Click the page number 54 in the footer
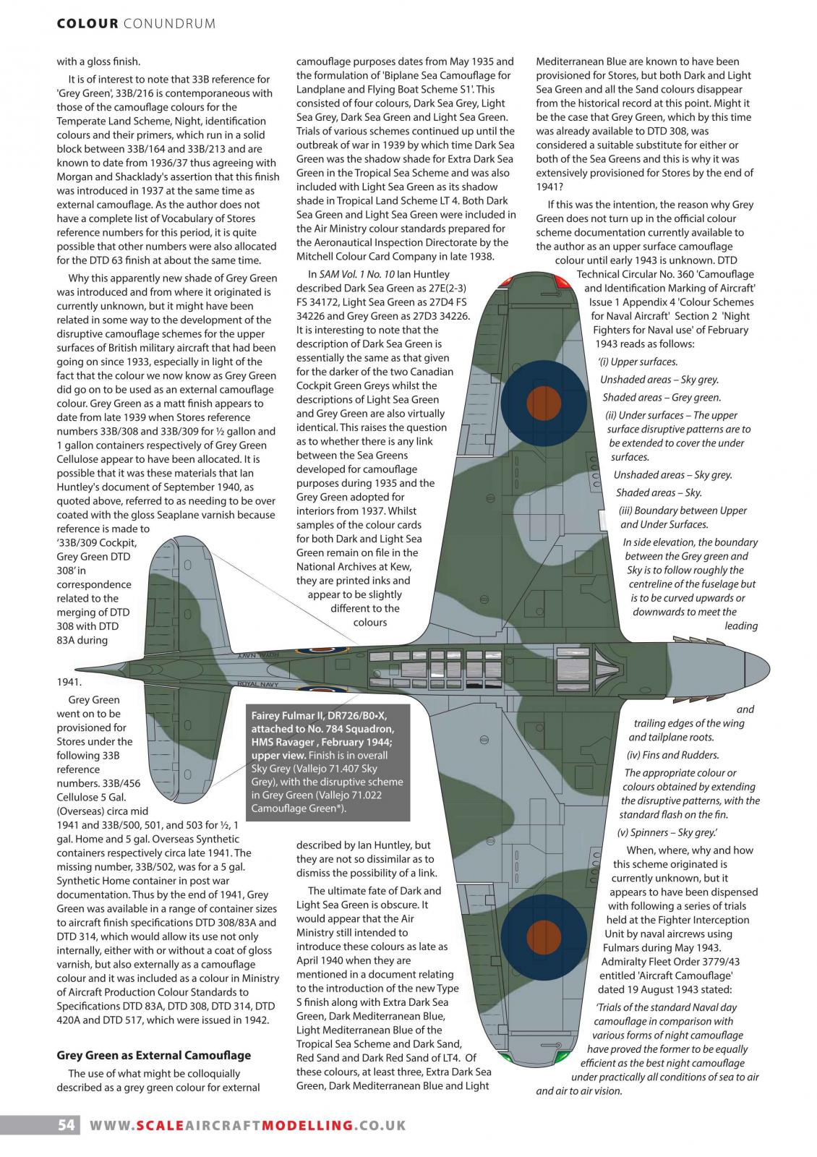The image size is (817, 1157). coord(66,1125)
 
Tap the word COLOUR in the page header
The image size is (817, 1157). coord(87,24)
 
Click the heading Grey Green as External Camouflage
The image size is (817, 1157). coord(154,1055)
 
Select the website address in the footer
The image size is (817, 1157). coord(247,1125)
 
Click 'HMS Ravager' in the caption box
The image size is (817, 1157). coord(283,742)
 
